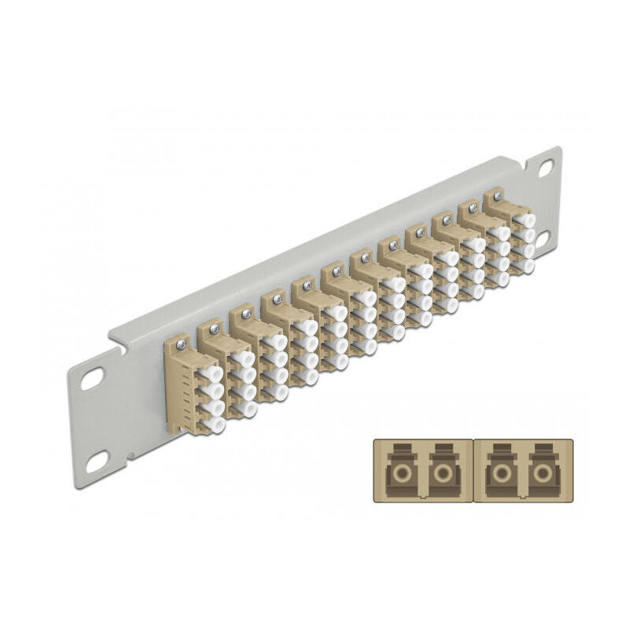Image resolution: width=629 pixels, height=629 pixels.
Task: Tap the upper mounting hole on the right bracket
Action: (x=545, y=167)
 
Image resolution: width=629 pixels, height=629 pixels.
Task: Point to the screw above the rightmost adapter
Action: (x=498, y=193)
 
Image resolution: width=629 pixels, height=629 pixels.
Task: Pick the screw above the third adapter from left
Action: (x=245, y=314)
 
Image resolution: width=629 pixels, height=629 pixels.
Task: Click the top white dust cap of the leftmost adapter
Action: (x=213, y=374)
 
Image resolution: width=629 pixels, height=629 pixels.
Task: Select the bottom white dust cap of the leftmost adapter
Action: (x=213, y=425)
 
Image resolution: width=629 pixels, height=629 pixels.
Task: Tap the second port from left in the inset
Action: (x=445, y=474)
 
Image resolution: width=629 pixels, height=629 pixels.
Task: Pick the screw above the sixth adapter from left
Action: (x=337, y=270)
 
